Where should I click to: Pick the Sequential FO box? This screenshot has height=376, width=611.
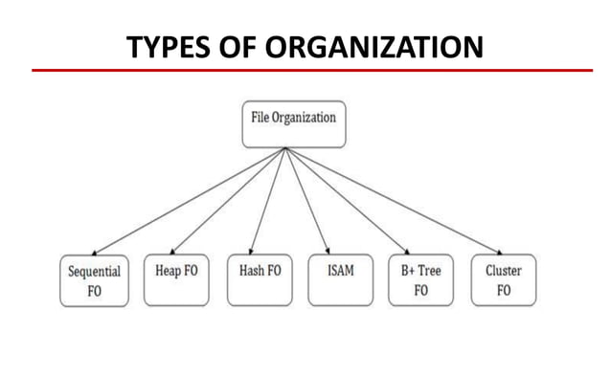94,280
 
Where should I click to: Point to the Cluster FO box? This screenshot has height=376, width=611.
503,280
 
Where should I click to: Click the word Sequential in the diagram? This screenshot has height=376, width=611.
94,272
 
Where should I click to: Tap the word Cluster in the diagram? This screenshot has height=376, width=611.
503,271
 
